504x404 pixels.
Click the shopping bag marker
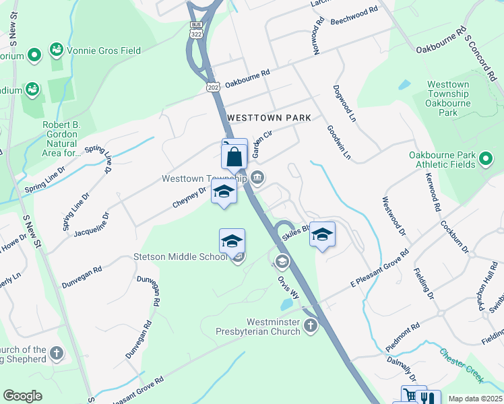tap(234, 156)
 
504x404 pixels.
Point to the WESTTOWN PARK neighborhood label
tap(269, 118)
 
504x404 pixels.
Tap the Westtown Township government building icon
tap(257, 178)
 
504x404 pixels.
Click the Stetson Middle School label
tap(180, 257)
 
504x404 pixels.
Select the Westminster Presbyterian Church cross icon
tap(311, 327)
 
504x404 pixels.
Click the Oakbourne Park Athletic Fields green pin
tap(486, 160)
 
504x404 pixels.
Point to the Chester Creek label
tap(462, 364)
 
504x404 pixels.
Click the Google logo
tap(22, 396)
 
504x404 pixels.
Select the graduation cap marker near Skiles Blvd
tap(323, 234)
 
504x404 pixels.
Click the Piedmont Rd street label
tap(402, 335)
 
